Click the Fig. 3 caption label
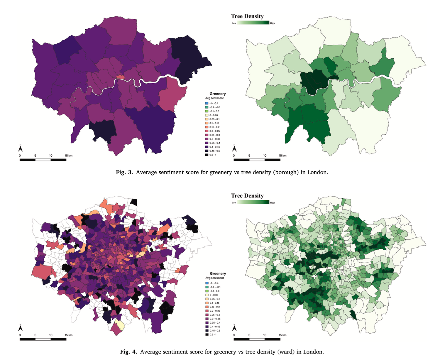[x=124, y=172]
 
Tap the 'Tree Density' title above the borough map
[x=247, y=16]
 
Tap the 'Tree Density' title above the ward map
[x=247, y=196]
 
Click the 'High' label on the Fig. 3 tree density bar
[x=272, y=23]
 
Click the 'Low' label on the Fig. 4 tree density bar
[x=234, y=203]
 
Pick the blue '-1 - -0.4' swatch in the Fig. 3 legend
[x=207, y=103]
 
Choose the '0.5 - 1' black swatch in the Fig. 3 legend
[x=207, y=155]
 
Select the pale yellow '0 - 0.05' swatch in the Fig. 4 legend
[x=207, y=295]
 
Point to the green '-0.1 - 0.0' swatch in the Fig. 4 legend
[x=207, y=291]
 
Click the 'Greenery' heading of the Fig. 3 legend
[x=217, y=94]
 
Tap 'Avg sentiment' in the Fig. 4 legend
[x=214, y=278]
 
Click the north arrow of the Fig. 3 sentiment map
[x=21, y=148]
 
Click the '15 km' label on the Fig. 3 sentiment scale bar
[x=68, y=156]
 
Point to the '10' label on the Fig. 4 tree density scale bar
[x=265, y=335]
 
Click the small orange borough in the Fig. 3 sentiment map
[x=120, y=77]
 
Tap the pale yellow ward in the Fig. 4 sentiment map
[x=119, y=325]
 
